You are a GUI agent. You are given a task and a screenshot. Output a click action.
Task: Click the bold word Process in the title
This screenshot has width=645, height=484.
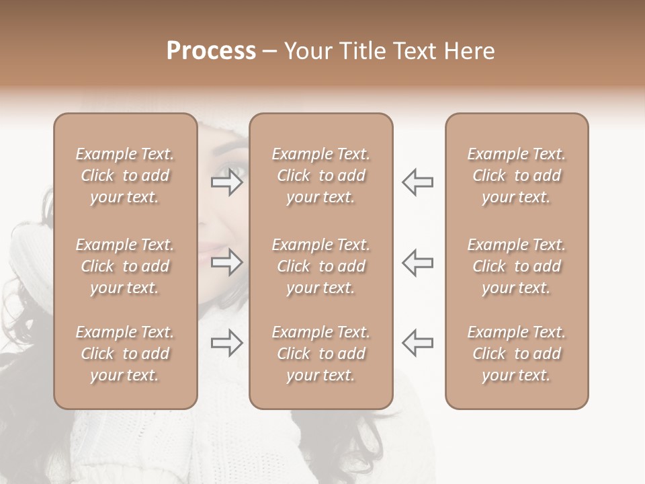(x=211, y=51)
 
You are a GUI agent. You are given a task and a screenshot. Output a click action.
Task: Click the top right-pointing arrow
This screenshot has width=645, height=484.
(x=227, y=182)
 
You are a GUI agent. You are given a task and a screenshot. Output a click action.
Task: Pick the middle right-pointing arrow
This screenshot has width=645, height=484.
(x=227, y=263)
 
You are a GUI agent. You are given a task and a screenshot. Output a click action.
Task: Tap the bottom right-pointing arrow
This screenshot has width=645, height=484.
(x=227, y=344)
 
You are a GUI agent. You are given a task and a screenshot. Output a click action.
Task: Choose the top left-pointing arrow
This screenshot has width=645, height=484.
(x=417, y=182)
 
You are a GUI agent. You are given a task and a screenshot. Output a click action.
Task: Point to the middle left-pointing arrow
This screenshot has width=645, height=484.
(x=417, y=263)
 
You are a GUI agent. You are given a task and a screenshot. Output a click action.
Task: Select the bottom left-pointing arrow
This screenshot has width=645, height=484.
(x=417, y=343)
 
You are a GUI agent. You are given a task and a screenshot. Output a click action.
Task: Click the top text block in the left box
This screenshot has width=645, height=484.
(x=125, y=175)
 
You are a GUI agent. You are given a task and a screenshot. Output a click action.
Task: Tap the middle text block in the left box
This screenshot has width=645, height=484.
(x=125, y=266)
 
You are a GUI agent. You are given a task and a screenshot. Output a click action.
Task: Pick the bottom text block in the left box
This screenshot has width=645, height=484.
(x=125, y=354)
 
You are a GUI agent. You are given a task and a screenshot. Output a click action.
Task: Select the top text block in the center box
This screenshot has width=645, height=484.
(x=320, y=175)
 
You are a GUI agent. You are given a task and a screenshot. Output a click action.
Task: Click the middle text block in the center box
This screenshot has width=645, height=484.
(x=320, y=266)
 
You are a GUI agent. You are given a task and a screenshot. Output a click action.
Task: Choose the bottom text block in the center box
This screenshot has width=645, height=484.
(x=320, y=354)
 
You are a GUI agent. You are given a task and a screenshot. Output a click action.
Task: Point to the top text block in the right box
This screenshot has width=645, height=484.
(x=516, y=175)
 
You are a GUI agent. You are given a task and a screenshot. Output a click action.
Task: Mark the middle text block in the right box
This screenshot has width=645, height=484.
(x=516, y=266)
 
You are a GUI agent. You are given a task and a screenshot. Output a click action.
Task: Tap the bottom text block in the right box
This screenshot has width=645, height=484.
(x=516, y=354)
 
